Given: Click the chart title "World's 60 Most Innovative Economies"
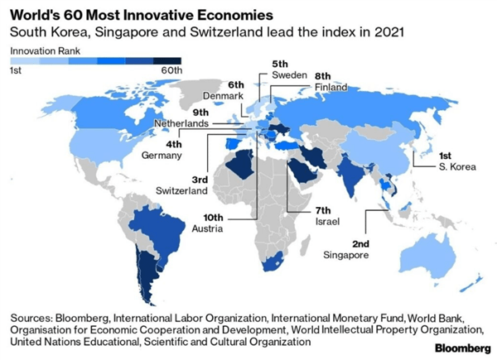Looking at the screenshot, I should tap(125, 12).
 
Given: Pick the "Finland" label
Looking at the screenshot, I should tap(331, 87).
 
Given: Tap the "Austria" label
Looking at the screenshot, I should tap(206, 228).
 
